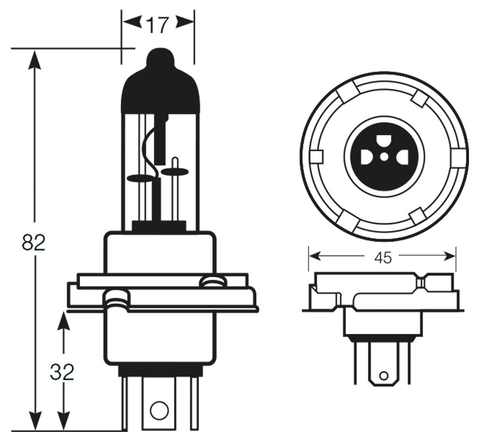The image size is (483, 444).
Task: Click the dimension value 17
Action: point(157,25)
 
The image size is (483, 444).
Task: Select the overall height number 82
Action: point(33,243)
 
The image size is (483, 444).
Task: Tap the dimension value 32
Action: point(62,372)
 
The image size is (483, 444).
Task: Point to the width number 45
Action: point(383,258)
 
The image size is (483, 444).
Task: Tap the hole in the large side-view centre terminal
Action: point(157,410)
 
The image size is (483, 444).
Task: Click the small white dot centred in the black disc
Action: point(384,157)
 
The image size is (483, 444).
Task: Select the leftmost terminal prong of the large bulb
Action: point(124,403)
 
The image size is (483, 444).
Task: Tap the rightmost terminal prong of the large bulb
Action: point(194,403)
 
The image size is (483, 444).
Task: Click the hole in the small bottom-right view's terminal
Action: point(384,375)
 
